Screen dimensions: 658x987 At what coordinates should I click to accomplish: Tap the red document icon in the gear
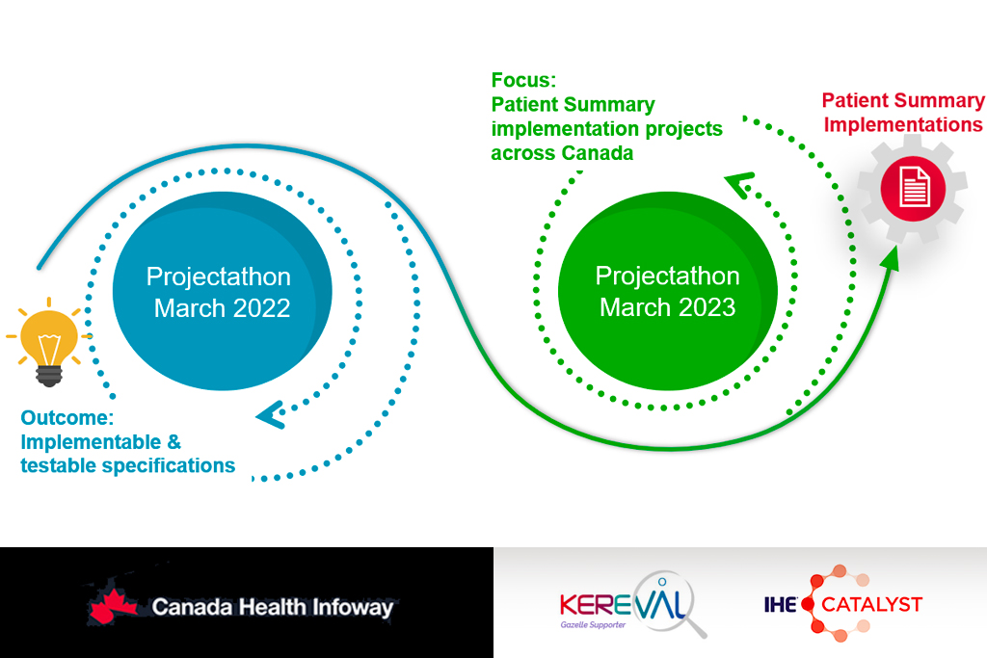tap(913, 186)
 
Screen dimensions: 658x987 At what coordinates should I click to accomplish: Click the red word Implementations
tap(903, 125)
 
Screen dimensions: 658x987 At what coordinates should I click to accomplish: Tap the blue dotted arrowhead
tap(268, 414)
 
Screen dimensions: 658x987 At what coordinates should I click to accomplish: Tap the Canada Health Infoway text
tap(273, 607)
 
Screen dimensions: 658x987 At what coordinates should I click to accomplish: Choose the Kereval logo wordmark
tap(621, 604)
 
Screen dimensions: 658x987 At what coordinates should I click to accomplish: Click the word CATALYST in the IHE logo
tap(872, 605)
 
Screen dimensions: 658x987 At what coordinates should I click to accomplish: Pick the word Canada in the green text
tap(598, 153)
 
